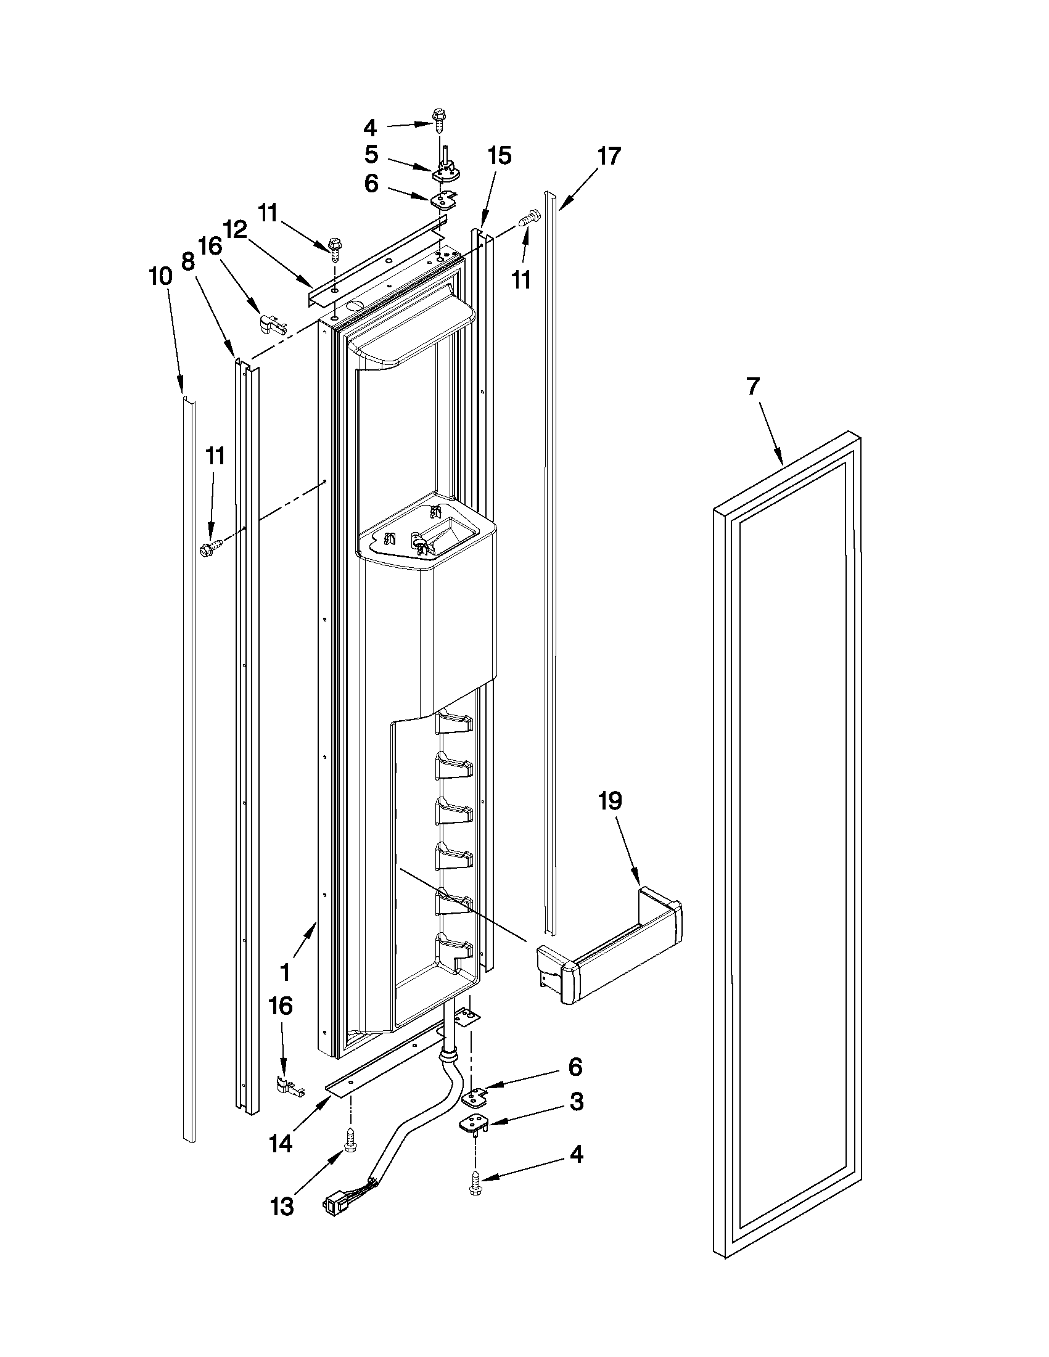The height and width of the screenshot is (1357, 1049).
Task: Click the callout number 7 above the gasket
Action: [752, 387]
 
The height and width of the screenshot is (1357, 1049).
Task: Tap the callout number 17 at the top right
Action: [609, 156]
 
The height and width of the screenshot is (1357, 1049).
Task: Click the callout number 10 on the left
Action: [160, 276]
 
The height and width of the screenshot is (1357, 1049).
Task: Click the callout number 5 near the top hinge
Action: [371, 155]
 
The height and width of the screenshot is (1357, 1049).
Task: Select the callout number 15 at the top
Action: [499, 156]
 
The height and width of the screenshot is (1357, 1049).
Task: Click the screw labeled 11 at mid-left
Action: [210, 547]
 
